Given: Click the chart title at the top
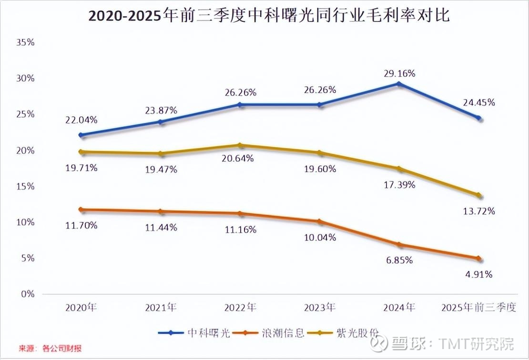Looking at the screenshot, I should pyautogui.click(x=269, y=16).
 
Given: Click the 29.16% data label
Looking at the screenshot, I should pyautogui.click(x=399, y=73).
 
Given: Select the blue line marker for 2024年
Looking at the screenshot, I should pyautogui.click(x=399, y=84).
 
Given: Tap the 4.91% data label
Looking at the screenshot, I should pyautogui.click(x=478, y=274).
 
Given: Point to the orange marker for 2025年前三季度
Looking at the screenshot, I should pyautogui.click(x=479, y=259).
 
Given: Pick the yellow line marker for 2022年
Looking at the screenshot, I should pyautogui.click(x=241, y=145).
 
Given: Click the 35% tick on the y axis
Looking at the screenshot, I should pyautogui.click(x=26, y=42).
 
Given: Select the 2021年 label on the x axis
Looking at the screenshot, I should pyautogui.click(x=161, y=307).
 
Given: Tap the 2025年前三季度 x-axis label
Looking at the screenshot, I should pyautogui.click(x=478, y=307).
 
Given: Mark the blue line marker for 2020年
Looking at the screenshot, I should pyautogui.click(x=81, y=135).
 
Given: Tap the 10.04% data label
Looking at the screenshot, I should pyautogui.click(x=320, y=237).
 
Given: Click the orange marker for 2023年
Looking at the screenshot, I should pyautogui.click(x=320, y=221).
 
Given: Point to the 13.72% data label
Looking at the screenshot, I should pyautogui.click(x=478, y=211).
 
